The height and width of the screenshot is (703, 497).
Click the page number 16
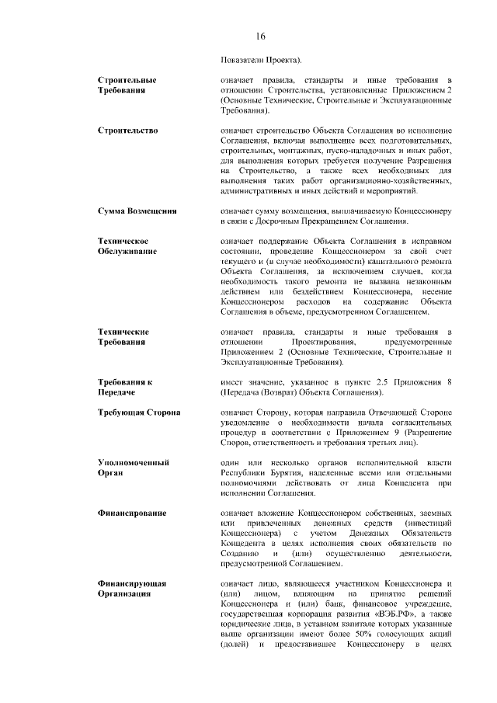(260, 37)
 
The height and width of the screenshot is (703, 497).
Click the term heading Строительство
(128, 129)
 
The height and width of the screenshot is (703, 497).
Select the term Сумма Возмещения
(137, 211)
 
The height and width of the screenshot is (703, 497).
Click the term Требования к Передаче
(125, 388)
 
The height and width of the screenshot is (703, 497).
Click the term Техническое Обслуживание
(127, 246)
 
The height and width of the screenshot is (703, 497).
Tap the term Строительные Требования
(127, 85)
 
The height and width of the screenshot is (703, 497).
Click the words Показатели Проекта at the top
(262, 59)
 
